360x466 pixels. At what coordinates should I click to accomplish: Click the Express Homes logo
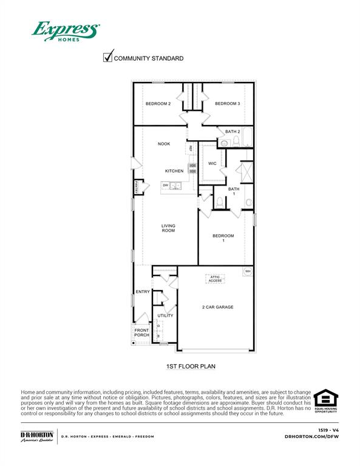[x=66, y=31]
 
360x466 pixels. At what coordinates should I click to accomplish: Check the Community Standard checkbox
[x=108, y=58]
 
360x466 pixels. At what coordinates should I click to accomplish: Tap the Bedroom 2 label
[x=158, y=104]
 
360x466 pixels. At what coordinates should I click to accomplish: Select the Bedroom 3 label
[x=227, y=104]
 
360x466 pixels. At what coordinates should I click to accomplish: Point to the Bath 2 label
[x=233, y=132]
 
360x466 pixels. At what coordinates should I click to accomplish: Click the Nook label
[x=164, y=144]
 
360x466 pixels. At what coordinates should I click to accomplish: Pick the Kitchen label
[x=174, y=171]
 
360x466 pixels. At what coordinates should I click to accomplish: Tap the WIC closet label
[x=212, y=163]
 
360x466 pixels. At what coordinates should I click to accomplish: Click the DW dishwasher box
[x=165, y=185]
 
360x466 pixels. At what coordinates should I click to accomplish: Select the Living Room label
[x=168, y=228]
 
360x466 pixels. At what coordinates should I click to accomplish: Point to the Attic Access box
[x=216, y=279]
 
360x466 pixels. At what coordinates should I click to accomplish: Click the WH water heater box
[x=248, y=271]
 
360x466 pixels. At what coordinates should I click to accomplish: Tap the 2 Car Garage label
[x=217, y=307]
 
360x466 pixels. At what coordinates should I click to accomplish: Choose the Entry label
[x=143, y=292]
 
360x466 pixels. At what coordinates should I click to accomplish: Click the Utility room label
[x=165, y=316]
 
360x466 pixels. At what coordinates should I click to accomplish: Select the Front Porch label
[x=141, y=333]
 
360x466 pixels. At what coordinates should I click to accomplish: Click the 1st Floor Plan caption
[x=191, y=366]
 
